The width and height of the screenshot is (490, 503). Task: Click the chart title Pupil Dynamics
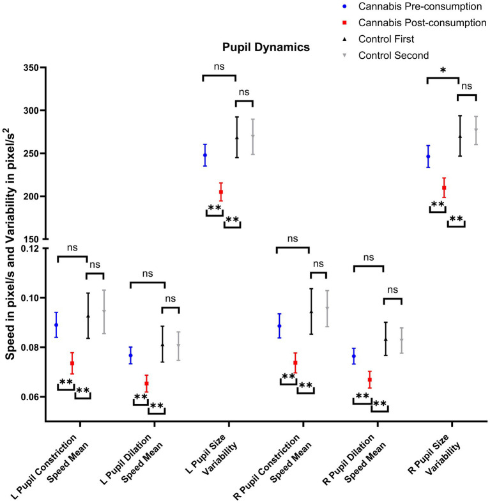tap(257, 47)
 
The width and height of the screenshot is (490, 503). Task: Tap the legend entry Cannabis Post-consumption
tap(422, 23)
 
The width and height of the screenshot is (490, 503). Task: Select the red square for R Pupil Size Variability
tap(444, 188)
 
